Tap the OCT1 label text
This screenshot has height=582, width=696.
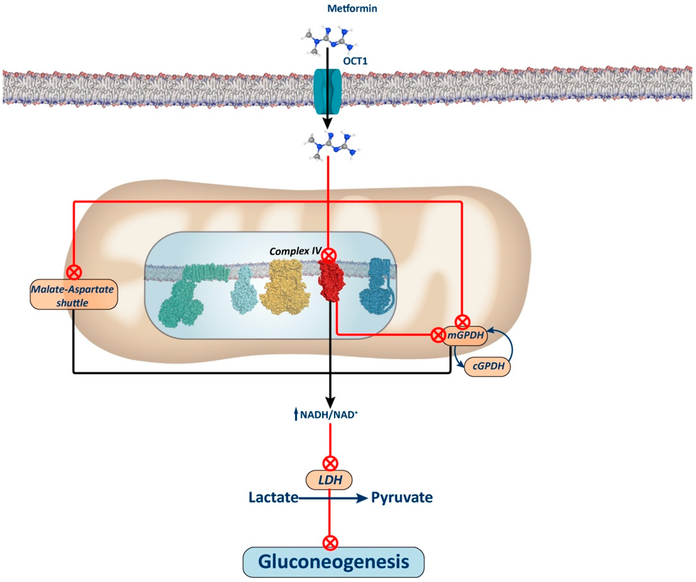355,61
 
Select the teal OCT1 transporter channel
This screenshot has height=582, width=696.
327,91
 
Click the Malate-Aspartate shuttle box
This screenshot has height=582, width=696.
74,295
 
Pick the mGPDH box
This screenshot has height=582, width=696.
465,335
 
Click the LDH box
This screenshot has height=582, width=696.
329,480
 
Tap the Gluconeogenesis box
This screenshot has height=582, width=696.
334,562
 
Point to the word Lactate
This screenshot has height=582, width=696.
273,498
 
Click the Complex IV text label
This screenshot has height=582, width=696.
295,251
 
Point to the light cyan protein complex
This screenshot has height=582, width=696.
244,290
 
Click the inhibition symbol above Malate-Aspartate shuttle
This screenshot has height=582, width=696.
74,272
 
